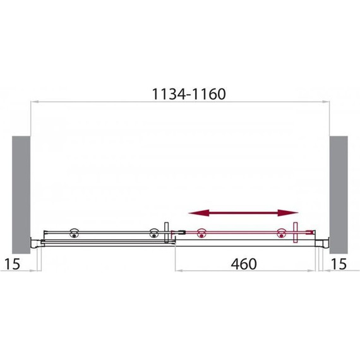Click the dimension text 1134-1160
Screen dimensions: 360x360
pos(189,94)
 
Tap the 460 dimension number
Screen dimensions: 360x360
pos(244,264)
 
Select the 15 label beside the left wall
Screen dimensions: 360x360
pos(13,264)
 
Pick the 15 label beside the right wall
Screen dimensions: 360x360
pos(339,264)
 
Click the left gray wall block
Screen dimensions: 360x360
pos(21,195)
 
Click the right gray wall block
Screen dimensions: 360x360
pos(339,195)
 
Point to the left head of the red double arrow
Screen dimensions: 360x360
pos(198,213)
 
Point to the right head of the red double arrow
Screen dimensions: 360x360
pos(288,213)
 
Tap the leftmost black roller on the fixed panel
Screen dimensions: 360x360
pos(74,233)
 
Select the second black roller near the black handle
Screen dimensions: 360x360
pos(153,233)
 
